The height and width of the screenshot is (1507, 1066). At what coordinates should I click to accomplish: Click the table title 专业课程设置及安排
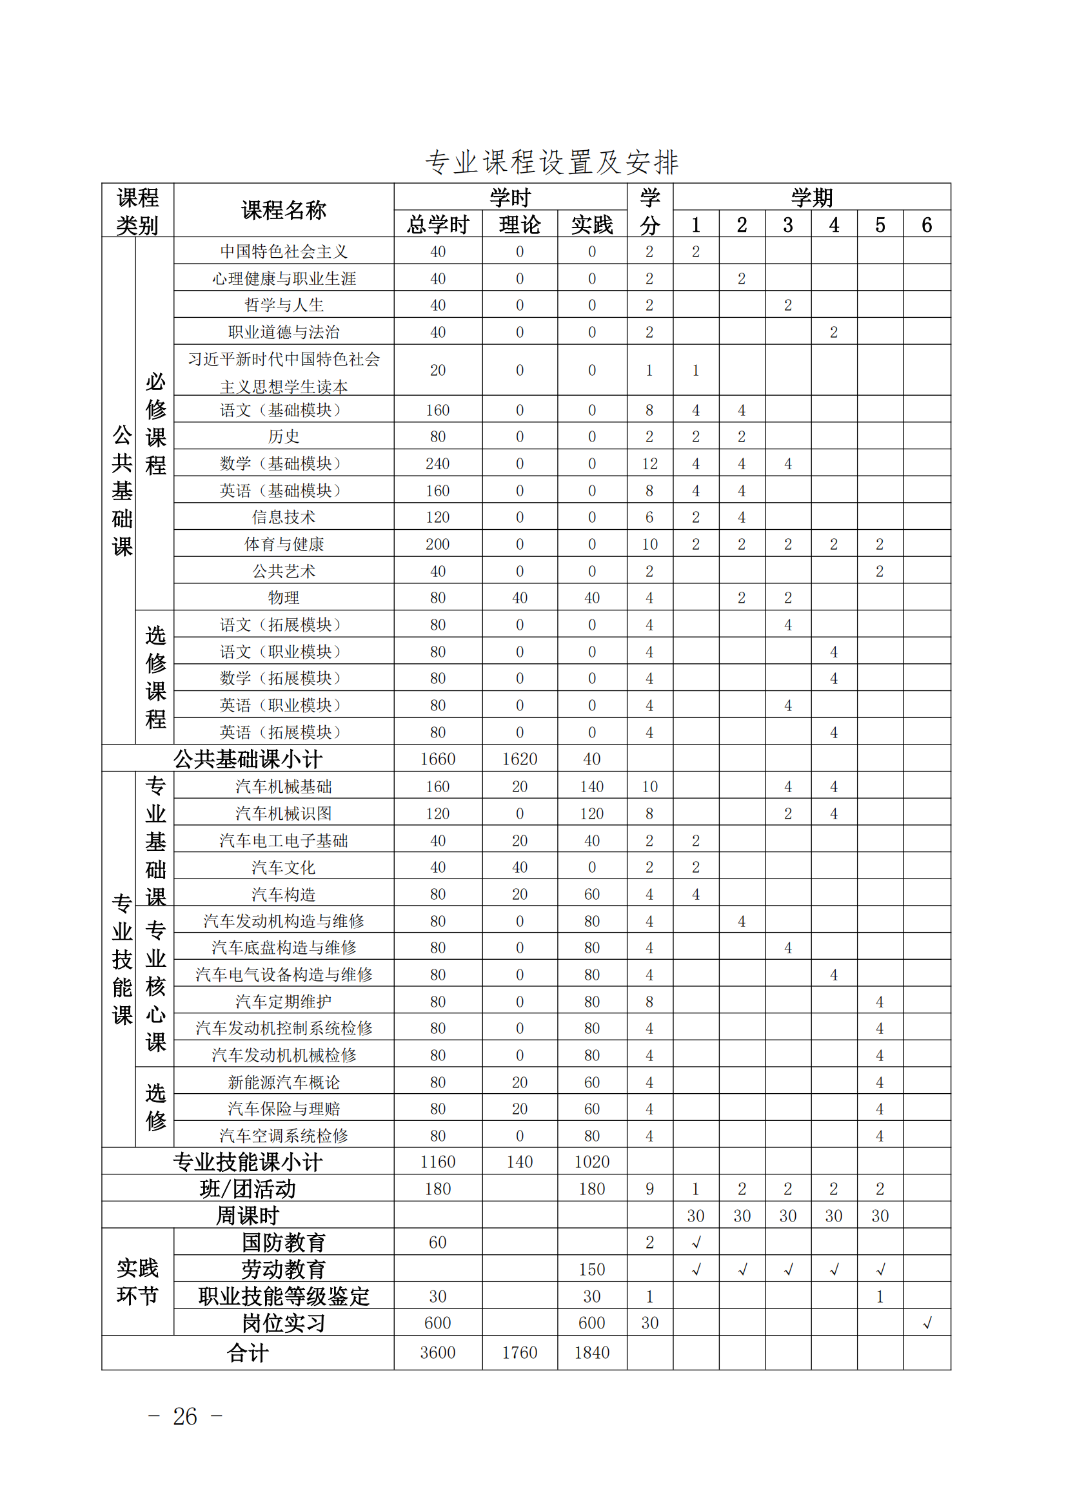(551, 162)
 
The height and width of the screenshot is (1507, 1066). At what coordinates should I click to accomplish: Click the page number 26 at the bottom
(184, 1416)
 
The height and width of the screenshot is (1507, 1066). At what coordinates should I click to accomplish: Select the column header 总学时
(437, 225)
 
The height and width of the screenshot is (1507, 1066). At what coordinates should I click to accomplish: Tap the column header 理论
(520, 225)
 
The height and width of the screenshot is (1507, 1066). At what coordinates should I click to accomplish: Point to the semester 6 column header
(926, 225)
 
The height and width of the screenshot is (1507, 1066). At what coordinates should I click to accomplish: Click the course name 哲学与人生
(284, 306)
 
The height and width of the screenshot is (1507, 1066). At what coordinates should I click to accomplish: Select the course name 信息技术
(284, 517)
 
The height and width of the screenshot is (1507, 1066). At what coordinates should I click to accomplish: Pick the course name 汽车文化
(284, 868)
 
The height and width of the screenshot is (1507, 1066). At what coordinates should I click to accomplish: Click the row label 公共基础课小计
(248, 759)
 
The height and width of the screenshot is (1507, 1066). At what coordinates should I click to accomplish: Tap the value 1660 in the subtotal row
(437, 759)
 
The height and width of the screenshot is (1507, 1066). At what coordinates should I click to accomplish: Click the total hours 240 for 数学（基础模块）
(437, 464)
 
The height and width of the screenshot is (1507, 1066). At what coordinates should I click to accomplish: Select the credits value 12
(649, 464)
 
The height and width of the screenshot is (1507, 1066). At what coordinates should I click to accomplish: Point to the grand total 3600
(437, 1353)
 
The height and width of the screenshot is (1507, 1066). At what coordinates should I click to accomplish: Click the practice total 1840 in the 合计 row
(592, 1353)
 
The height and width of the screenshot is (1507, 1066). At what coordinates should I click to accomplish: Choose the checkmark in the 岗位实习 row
(927, 1323)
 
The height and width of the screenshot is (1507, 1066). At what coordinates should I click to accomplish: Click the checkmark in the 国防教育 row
(696, 1243)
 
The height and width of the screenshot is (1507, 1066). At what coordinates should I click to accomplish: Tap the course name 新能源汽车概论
(284, 1082)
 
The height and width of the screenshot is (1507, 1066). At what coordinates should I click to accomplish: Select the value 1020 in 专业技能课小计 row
(592, 1162)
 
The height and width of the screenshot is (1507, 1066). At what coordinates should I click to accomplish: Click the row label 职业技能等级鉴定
(284, 1296)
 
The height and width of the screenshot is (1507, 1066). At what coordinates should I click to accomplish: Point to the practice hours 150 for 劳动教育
(592, 1269)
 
